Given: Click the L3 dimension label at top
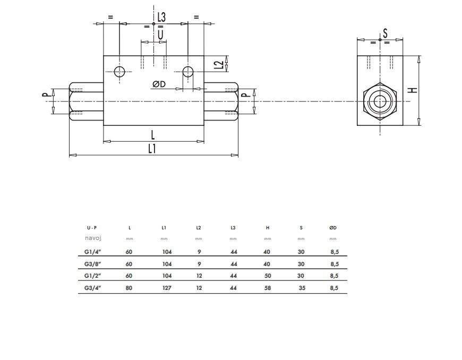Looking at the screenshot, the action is tap(161, 17).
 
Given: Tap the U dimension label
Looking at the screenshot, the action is tap(160, 35).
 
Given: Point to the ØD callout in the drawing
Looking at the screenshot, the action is tap(159, 84).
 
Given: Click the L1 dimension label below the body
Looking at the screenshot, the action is tap(152, 149).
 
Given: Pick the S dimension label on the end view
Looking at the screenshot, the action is tap(385, 33).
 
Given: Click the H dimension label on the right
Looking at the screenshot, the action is tap(414, 90).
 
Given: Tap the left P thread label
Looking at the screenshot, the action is tap(46, 95).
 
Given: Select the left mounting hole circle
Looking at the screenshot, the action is tap(119, 72).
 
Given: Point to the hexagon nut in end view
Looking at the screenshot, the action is tap(380, 101).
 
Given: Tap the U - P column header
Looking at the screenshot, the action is tap(92, 228).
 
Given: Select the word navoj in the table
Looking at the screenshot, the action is tap(93, 238).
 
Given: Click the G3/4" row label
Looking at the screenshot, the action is tap(93, 288).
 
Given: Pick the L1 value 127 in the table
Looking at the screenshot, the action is tap(167, 288).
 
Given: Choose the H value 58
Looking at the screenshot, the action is tap(268, 288).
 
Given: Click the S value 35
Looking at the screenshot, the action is tap(302, 288).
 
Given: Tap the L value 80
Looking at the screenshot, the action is tap(129, 288).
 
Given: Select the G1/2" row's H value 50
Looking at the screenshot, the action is tap(268, 276).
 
